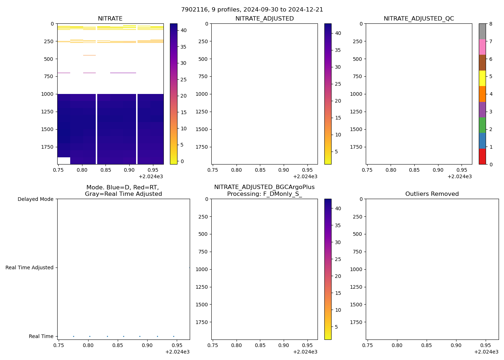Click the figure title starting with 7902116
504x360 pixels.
pyautogui.click(x=252, y=10)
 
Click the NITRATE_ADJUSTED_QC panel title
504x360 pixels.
pyautogui.click(x=419, y=19)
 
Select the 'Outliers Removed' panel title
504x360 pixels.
pyautogui.click(x=432, y=194)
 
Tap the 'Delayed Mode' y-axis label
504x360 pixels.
pyautogui.click(x=35, y=199)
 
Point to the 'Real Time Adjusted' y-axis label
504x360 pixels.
pyautogui.click(x=30, y=267)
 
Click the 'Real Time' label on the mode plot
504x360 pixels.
pyautogui.click(x=41, y=336)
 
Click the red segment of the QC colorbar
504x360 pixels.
pyautogui.click(x=482, y=157)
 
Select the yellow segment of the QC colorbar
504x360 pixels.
pyautogui.click(x=482, y=78)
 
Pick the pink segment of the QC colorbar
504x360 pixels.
pyautogui.click(x=482, y=47)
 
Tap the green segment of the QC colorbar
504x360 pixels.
pyautogui.click(x=482, y=125)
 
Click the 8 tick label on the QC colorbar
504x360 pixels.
pyautogui.click(x=490, y=24)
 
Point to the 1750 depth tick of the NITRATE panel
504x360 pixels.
pyautogui.click(x=47, y=147)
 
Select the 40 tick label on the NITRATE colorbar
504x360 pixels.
pyautogui.click(x=184, y=30)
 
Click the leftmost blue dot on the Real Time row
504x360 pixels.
pyautogui.click(x=73, y=336)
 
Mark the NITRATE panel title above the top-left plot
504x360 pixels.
pyautogui.click(x=110, y=19)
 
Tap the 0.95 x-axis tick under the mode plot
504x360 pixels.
pyautogui.click(x=177, y=345)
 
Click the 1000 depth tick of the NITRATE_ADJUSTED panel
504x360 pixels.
pyautogui.click(x=202, y=94)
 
